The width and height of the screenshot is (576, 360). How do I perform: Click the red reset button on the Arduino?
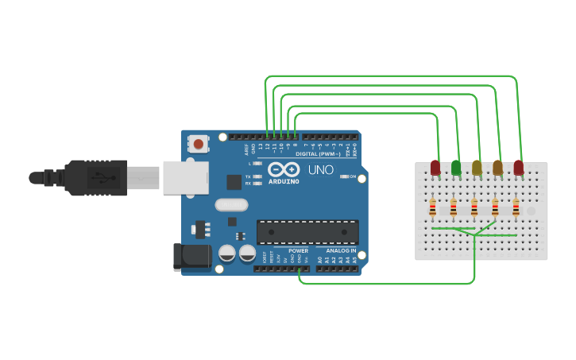tap(198, 144)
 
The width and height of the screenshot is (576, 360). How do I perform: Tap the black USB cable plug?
tap(95, 177)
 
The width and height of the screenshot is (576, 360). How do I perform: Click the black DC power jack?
tap(191, 256)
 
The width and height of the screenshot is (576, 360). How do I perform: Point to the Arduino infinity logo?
tap(283, 170)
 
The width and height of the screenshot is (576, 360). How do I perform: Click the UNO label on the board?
tap(320, 170)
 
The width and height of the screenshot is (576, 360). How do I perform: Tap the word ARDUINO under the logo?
tap(284, 181)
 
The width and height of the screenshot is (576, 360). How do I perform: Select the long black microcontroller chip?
tap(307, 232)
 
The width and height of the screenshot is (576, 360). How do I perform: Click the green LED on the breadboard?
tap(456, 168)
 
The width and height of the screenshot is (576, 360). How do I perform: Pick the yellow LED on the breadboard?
tap(477, 168)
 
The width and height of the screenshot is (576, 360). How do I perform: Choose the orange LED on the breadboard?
tap(497, 168)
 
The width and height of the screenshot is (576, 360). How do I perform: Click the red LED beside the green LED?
tap(435, 168)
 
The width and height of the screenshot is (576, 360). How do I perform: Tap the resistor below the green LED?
tap(454, 208)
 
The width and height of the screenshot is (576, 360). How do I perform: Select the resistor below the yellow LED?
tap(474, 208)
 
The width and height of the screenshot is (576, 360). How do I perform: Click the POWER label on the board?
tap(299, 250)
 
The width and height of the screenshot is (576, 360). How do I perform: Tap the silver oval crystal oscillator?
tap(231, 205)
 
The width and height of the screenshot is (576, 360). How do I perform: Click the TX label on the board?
tap(248, 176)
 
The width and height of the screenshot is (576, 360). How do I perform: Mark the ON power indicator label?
tap(351, 176)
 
